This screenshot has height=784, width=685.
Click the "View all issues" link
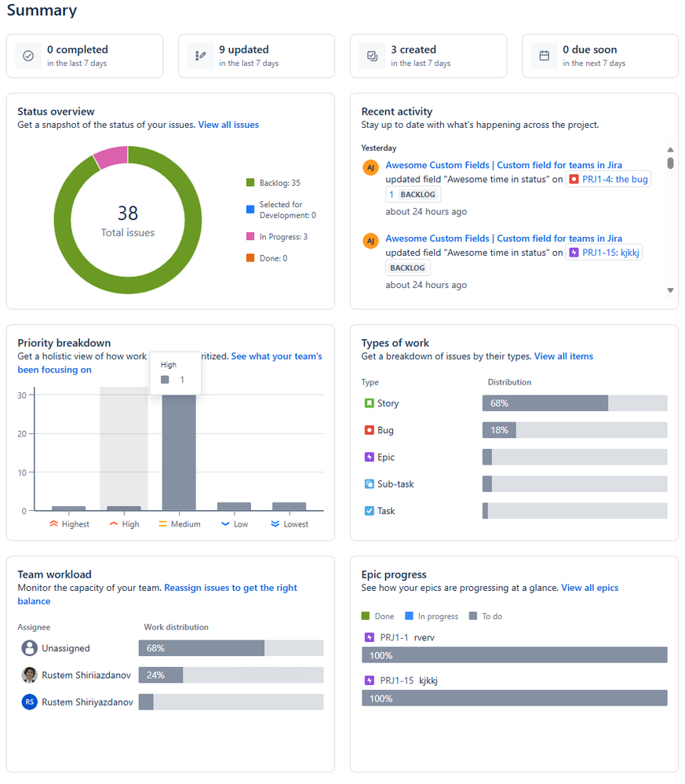228,125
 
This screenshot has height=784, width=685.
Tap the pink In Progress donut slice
111,157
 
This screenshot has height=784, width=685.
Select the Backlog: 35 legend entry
273,183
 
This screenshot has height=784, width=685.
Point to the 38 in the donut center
128,213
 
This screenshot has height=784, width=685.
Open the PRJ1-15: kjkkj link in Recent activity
603,253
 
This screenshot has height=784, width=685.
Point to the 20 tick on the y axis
23,434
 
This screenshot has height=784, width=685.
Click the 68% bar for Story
545,403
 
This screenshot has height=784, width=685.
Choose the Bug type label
385,430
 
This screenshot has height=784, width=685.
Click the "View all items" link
563,356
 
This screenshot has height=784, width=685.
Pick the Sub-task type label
395,484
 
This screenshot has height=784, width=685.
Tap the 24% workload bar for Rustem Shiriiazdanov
161,675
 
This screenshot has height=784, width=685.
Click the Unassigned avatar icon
30,648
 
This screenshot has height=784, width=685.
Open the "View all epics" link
590,588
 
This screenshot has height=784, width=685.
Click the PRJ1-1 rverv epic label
406,637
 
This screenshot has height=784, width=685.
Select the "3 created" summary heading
414,49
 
